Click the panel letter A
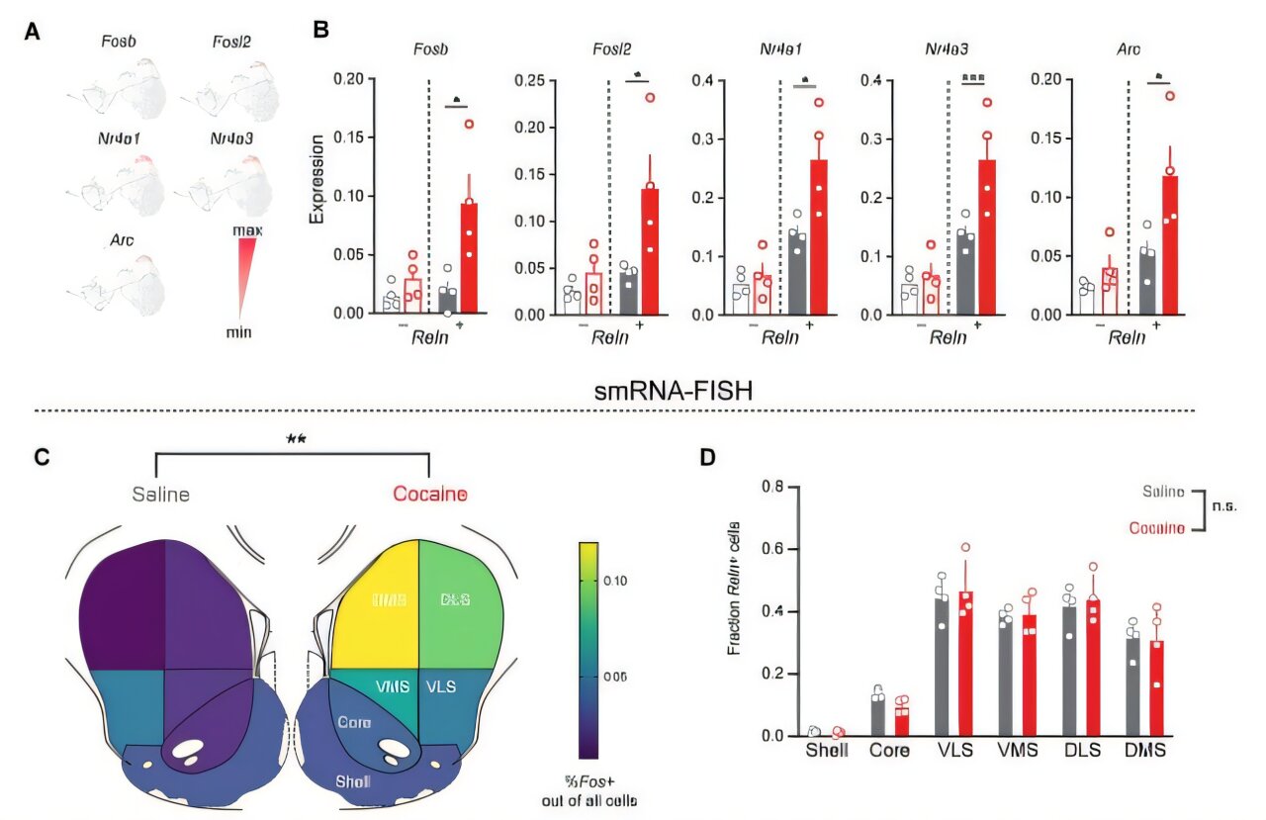click(x=33, y=32)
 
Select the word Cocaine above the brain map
click(x=429, y=494)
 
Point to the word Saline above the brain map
click(x=162, y=494)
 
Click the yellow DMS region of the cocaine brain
click(x=374, y=603)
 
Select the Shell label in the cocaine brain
click(x=353, y=780)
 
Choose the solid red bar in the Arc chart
click(x=1170, y=244)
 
